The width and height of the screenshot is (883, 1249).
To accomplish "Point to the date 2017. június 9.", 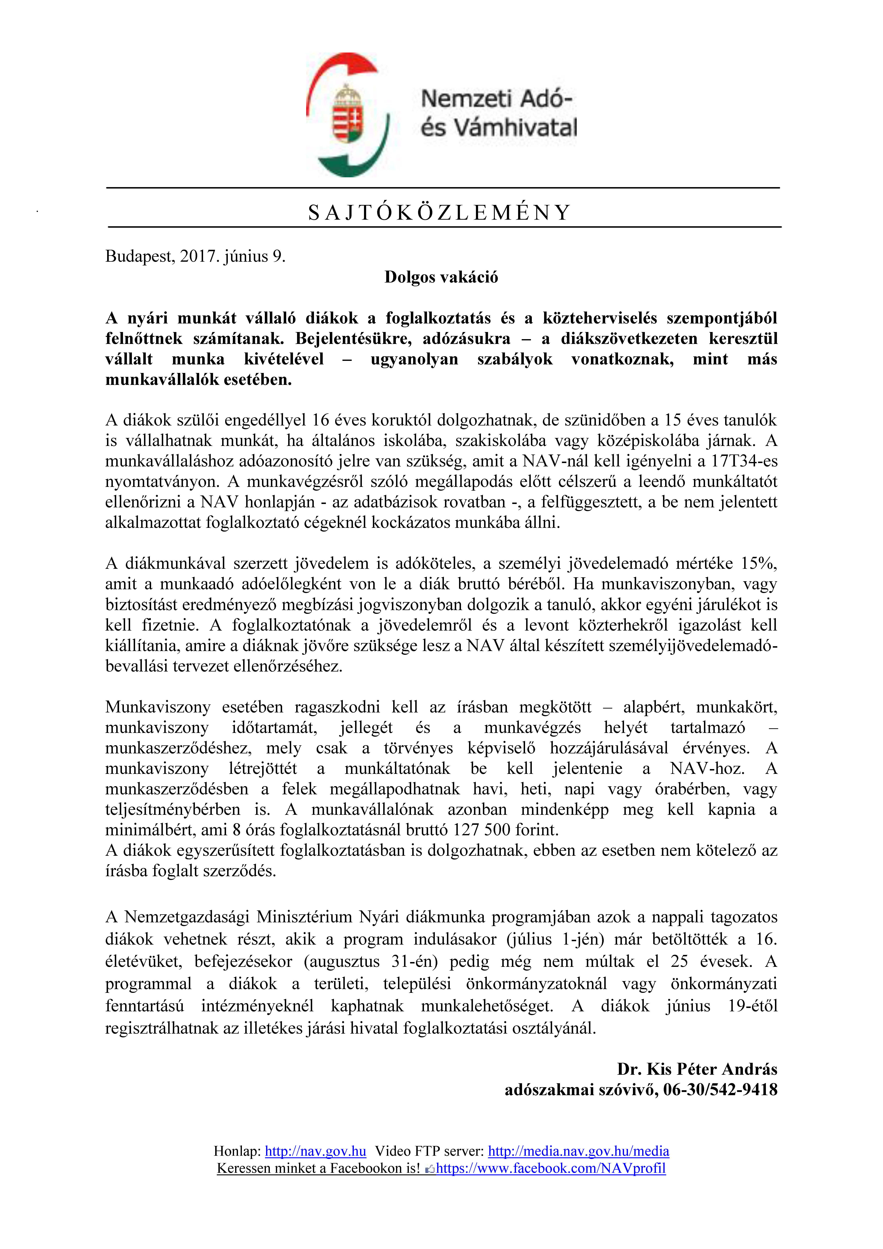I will pos(233,256).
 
